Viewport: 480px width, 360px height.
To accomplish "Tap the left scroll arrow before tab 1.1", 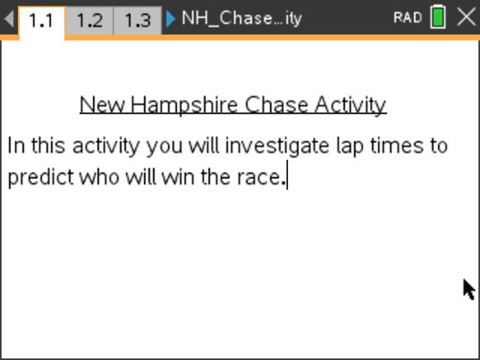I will coord(9,19).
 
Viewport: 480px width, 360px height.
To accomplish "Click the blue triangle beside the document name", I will coord(171,19).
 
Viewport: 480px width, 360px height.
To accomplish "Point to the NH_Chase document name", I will coord(241,19).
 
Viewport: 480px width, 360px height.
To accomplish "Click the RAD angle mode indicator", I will coord(407,18).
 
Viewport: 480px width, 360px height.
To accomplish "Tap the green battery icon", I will coord(438,18).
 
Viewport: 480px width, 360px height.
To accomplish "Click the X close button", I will coord(466,18).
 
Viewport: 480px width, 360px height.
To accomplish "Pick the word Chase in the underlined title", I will coord(267,105).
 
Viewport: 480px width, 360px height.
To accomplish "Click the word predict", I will coord(40,177).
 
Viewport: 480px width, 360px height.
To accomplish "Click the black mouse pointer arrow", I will coord(468,289).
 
